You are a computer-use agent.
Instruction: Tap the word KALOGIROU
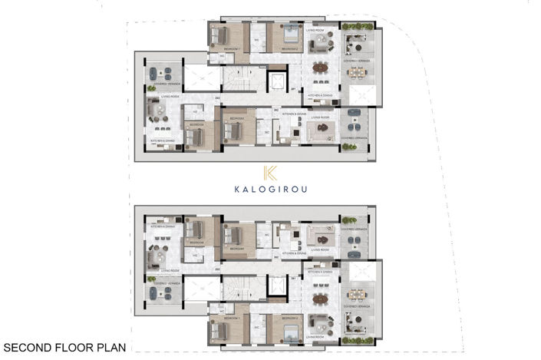pyautogui.click(x=270, y=190)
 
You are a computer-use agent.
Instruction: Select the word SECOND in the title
pyautogui.click(x=26, y=346)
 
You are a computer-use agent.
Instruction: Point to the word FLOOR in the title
pyautogui.click(x=72, y=346)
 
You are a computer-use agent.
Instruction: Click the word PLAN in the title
pyautogui.click(x=109, y=346)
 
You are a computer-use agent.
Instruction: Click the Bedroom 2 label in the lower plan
pyautogui.click(x=290, y=317)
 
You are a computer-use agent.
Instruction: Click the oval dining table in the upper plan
pyautogui.click(x=319, y=68)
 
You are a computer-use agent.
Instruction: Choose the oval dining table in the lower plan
pyautogui.click(x=319, y=299)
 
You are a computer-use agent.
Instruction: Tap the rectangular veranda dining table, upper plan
pyautogui.click(x=356, y=72)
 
